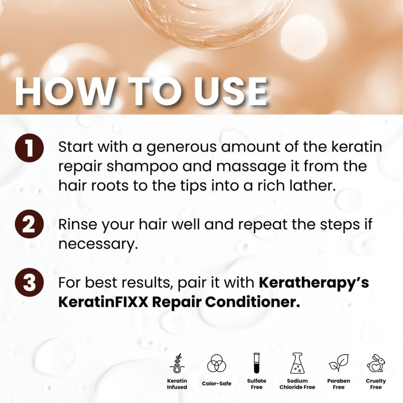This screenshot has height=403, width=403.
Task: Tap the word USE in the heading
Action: [230, 92]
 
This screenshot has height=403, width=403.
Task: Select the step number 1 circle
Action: [29, 148]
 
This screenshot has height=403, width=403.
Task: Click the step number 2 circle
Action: [29, 224]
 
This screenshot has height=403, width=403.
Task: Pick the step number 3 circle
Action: [29, 282]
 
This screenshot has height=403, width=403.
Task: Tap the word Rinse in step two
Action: [78, 224]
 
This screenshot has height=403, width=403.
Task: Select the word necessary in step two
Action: [98, 244]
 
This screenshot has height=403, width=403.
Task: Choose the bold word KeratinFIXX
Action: [103, 302]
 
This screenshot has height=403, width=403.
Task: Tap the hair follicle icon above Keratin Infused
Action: [177, 363]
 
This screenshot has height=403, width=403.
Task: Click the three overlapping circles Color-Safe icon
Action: [216, 363]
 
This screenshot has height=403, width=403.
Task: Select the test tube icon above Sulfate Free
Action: [256, 363]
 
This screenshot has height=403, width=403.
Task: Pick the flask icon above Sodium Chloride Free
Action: [297, 363]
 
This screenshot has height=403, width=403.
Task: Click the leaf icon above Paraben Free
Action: [339, 363]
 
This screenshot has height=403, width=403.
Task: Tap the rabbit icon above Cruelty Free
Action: [376, 363]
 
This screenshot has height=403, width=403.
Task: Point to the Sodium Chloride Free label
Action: [297, 384]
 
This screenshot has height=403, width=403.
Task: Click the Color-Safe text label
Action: [216, 384]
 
